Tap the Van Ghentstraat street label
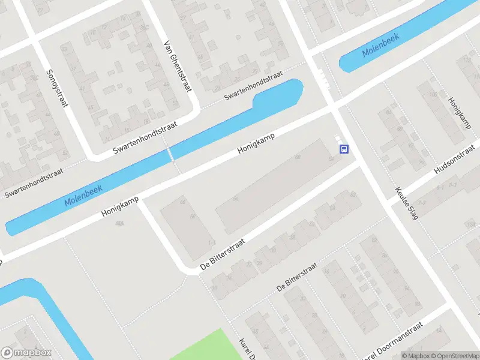(x=177, y=66)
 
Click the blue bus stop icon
(x=344, y=149)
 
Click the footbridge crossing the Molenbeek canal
(x=172, y=155)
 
